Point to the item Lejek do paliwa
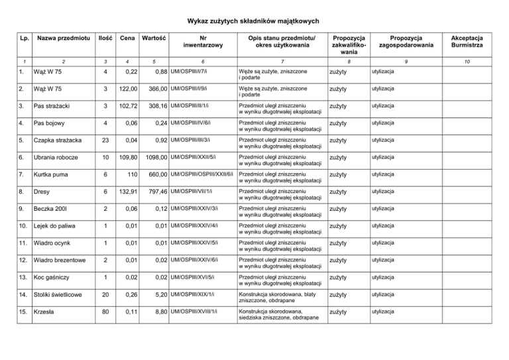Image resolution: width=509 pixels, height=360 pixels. click(59, 225)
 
